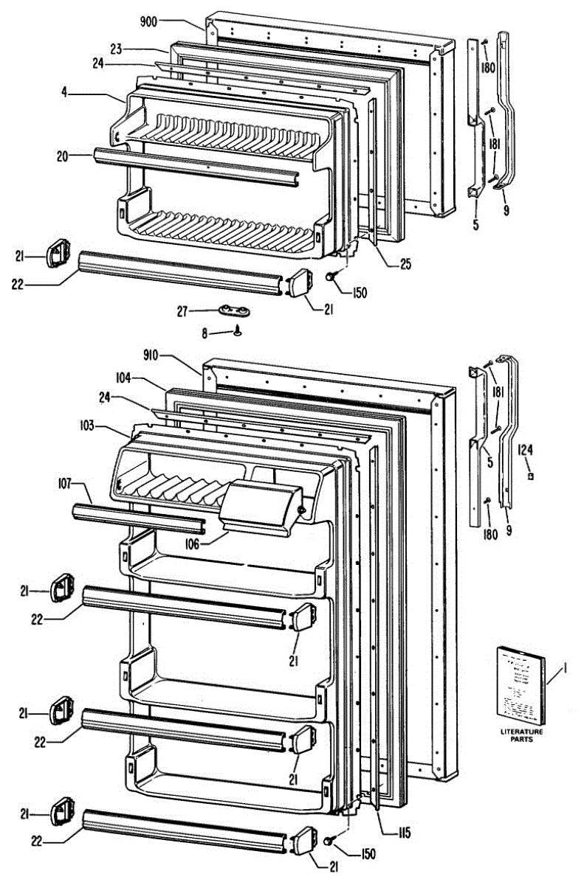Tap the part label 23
[117, 49]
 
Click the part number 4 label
[66, 94]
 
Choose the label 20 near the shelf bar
[62, 156]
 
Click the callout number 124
[525, 449]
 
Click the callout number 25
[405, 263]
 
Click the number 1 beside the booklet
[565, 669]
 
